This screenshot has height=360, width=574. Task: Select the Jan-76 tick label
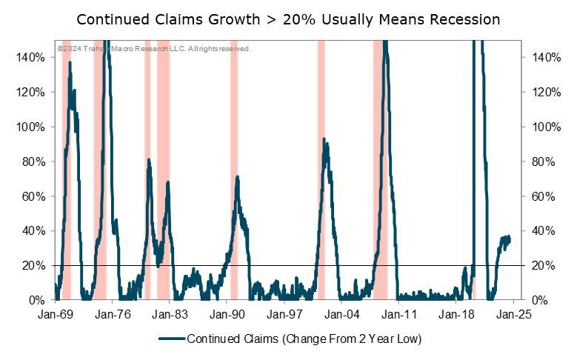coord(113,314)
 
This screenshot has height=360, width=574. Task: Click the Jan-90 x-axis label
coord(227,314)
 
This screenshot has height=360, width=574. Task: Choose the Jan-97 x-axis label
coord(284,314)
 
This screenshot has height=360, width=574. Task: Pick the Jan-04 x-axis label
coord(341,314)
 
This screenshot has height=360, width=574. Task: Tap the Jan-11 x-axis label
coord(398,314)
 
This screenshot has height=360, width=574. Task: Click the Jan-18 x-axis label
coord(455,314)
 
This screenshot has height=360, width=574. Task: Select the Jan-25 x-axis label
coord(513,314)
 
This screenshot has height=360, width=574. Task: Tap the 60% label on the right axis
coord(544,196)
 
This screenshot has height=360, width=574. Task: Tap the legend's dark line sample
coord(171,339)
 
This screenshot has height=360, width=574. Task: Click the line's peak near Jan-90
coord(237,177)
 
